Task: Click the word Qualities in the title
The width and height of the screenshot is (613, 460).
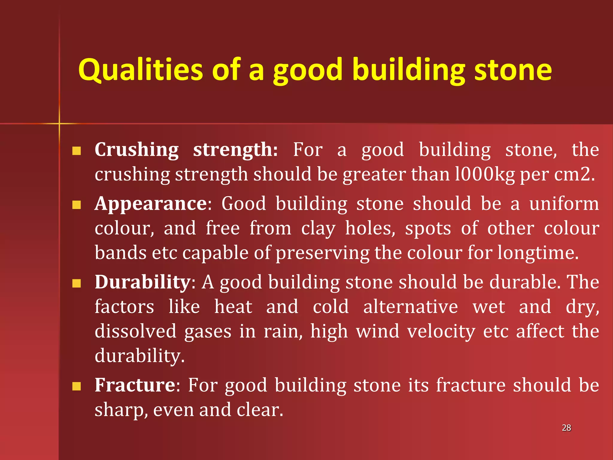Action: (x=140, y=70)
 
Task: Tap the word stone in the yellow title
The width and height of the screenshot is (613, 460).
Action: (x=513, y=70)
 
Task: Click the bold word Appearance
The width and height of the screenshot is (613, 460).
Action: (x=151, y=204)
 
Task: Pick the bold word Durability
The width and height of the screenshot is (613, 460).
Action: (x=142, y=282)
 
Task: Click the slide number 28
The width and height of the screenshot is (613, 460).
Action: (x=566, y=428)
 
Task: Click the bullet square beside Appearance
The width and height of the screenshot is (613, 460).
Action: (x=77, y=205)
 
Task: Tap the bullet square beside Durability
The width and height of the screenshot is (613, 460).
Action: (x=77, y=283)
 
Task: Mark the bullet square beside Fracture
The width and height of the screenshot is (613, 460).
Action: (x=77, y=386)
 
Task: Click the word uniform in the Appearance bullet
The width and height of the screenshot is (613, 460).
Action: (x=564, y=204)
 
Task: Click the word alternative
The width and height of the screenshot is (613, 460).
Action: (x=410, y=307)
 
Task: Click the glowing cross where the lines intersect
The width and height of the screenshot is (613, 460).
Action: (x=59, y=123)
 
